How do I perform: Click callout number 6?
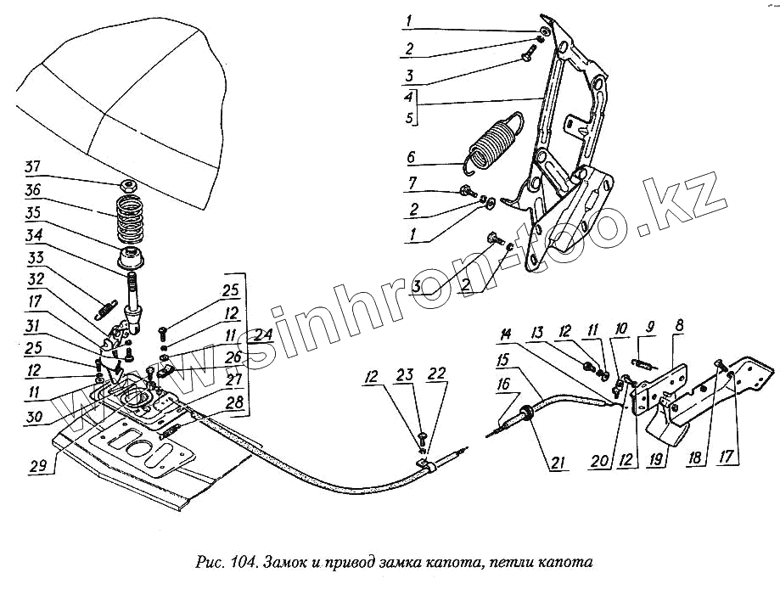(x=411, y=158)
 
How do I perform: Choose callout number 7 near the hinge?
(x=411, y=183)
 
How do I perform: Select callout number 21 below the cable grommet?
(x=558, y=463)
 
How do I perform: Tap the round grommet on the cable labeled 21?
(x=527, y=412)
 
